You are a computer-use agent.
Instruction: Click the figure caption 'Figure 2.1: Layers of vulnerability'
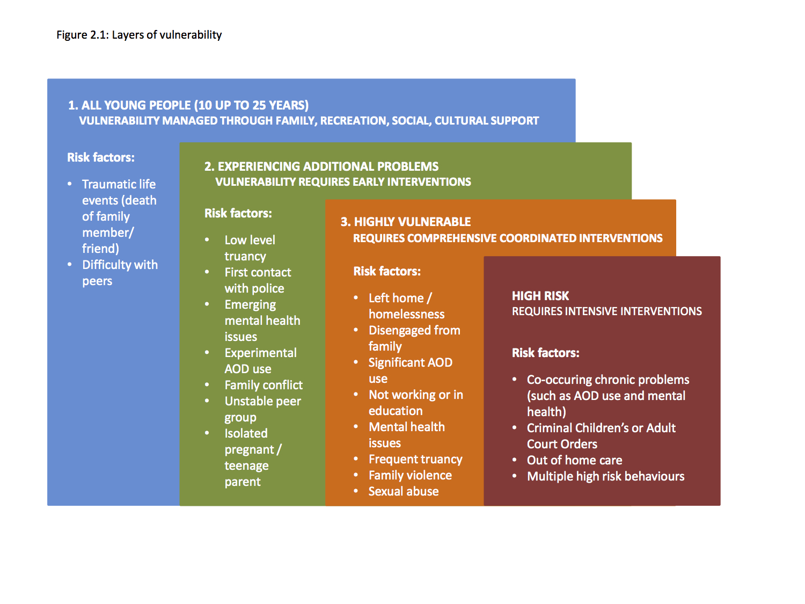[139, 35]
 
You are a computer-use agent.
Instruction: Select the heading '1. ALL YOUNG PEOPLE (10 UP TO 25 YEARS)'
[188, 106]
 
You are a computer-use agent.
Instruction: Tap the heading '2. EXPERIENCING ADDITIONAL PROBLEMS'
[321, 166]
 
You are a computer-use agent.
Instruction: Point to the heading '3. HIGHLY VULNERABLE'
[406, 222]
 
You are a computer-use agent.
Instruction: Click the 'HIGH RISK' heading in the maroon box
[540, 296]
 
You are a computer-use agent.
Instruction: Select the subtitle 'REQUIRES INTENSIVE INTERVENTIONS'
[607, 311]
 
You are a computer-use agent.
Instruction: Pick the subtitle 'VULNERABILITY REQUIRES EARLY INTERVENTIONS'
[343, 182]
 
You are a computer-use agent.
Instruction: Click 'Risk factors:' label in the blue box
[101, 157]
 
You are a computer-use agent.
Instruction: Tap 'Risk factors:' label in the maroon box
[546, 353]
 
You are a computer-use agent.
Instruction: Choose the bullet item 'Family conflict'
[264, 385]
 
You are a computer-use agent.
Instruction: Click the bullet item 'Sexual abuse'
[404, 491]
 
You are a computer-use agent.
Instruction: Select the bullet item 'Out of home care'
[574, 460]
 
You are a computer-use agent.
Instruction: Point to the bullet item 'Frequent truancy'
[415, 460]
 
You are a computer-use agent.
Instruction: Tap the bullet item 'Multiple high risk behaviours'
[605, 476]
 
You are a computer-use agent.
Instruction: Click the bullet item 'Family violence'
[410, 475]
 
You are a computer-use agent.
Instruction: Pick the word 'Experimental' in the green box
[260, 353]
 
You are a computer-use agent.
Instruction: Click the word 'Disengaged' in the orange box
[399, 331]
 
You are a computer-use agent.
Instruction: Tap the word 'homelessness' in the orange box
[406, 314]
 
